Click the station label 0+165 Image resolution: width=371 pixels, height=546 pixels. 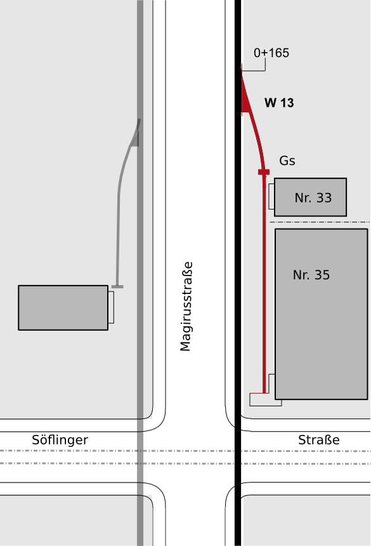pyautogui.click(x=271, y=53)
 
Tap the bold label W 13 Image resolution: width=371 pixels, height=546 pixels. pyautogui.click(x=279, y=103)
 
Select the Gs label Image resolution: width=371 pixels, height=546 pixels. pyautogui.click(x=287, y=161)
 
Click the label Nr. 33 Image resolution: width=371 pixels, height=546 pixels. pyautogui.click(x=313, y=198)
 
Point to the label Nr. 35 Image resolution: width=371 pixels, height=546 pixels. pyautogui.click(x=311, y=275)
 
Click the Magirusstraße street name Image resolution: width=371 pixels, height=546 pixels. pyautogui.click(x=186, y=307)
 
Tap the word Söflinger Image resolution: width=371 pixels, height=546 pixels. pyautogui.click(x=60, y=440)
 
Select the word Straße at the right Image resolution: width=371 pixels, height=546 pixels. pyautogui.click(x=319, y=440)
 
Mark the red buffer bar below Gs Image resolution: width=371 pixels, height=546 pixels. pyautogui.click(x=264, y=172)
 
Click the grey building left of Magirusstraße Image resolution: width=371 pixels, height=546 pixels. pyautogui.click(x=63, y=308)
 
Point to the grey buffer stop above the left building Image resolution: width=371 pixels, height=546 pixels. pyautogui.click(x=117, y=286)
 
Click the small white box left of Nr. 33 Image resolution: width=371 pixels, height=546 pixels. pyautogui.click(x=271, y=197)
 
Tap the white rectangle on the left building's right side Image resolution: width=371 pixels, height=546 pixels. pyautogui.click(x=111, y=307)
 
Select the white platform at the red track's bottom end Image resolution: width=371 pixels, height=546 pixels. pyautogui.click(x=265, y=400)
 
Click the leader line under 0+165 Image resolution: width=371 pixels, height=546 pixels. pyautogui.click(x=257, y=70)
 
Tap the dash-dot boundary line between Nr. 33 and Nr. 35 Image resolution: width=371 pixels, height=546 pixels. pyautogui.click(x=320, y=222)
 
